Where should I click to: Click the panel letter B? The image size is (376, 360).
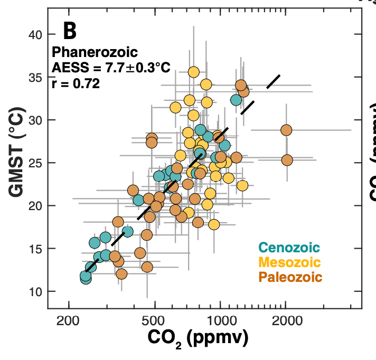click(x=70, y=31)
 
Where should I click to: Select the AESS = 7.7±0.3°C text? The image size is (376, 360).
click(x=110, y=68)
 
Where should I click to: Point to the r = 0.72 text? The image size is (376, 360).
click(x=76, y=83)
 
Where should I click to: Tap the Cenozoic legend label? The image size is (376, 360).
click(x=289, y=247)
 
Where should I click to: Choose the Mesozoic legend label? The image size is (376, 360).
click(x=289, y=262)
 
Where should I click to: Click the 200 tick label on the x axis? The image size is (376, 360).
click(x=69, y=320)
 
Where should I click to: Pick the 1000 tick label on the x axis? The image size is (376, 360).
click(x=220, y=320)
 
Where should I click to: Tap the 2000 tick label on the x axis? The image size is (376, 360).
click(x=286, y=320)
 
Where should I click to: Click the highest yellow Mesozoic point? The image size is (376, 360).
click(x=194, y=72)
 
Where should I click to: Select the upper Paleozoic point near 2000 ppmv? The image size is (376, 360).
click(x=286, y=130)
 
